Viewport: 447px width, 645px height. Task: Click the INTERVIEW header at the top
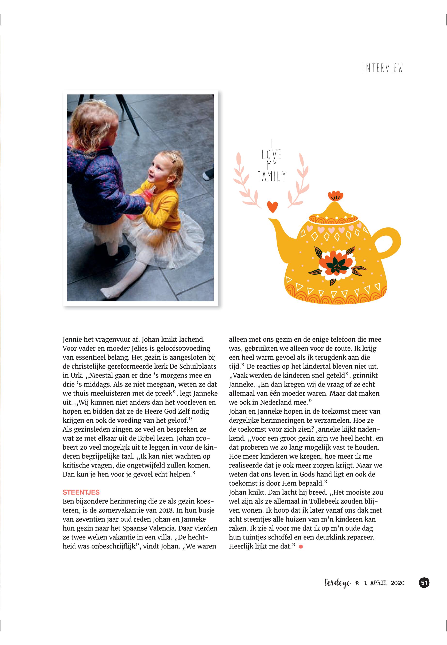pos(383,68)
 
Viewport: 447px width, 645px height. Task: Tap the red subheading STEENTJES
pos(81,492)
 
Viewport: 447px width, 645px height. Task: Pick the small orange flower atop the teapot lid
pos(335,195)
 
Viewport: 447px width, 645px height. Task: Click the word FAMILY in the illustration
pos(271,176)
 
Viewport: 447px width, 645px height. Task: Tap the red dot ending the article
pos(301,546)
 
